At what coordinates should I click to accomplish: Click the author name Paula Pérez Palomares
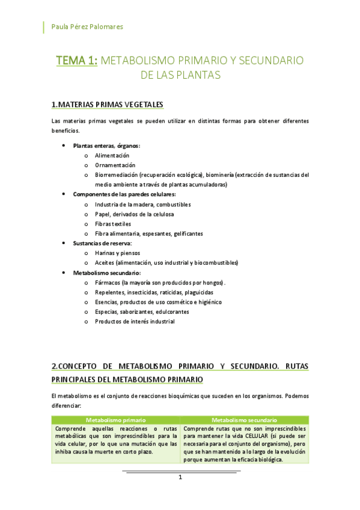(x=88, y=26)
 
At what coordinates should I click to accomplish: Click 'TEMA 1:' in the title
(x=77, y=61)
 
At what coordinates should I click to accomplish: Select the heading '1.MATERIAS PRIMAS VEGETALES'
(x=107, y=105)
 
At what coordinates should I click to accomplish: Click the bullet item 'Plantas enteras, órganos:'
(x=107, y=146)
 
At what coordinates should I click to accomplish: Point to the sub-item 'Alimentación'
(x=112, y=155)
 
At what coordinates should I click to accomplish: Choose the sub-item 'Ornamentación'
(x=115, y=165)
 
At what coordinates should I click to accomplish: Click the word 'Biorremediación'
(x=116, y=175)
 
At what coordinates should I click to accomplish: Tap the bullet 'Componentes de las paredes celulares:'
(x=124, y=194)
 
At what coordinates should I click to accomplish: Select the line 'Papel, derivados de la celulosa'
(x=134, y=214)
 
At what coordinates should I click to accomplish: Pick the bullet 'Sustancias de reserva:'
(x=102, y=243)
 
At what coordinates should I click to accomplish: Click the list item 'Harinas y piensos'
(x=117, y=253)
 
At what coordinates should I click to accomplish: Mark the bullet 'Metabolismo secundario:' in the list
(x=107, y=272)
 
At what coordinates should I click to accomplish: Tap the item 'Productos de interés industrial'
(x=135, y=321)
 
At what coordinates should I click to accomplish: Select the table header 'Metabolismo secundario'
(x=245, y=420)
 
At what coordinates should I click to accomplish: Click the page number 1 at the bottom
(x=180, y=478)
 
